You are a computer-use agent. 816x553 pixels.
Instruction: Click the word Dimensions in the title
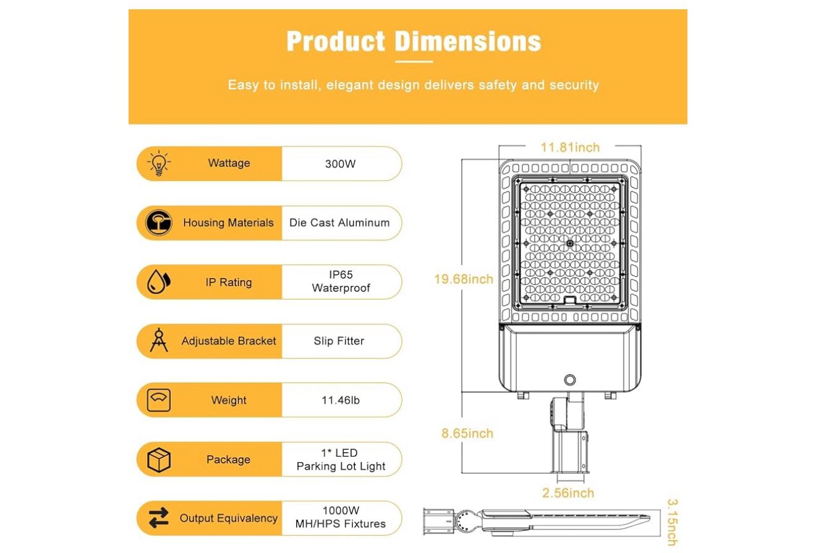468,41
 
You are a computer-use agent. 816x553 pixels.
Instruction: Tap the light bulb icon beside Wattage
159,163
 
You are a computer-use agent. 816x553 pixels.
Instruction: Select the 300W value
340,164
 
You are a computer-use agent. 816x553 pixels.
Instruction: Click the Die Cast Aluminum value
339,222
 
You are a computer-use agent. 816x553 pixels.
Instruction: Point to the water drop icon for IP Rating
158,282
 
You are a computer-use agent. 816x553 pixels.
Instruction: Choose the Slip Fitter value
339,340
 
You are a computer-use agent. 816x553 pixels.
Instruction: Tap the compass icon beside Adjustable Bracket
159,340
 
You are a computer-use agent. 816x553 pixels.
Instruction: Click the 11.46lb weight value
340,400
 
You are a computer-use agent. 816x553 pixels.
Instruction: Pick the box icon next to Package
159,460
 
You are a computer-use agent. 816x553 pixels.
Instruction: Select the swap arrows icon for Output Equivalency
159,518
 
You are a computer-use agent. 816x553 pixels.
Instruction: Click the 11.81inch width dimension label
570,148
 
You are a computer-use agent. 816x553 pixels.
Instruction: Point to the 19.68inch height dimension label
464,279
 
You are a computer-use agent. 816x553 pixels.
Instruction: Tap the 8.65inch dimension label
467,433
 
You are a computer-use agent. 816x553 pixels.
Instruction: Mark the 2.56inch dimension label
568,493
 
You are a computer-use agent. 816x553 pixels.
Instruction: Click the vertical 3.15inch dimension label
673,522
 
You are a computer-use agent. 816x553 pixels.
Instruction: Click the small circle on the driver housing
570,380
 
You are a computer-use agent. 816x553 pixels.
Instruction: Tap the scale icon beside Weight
158,400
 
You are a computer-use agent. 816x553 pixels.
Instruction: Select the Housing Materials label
228,222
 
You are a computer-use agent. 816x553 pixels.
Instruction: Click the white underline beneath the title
414,62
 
